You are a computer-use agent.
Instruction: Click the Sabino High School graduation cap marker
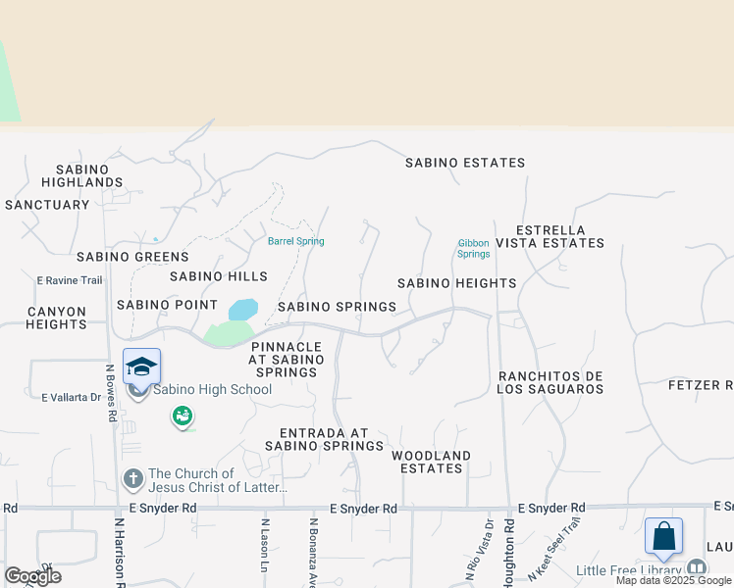tap(141, 367)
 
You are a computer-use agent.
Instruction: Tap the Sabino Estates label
tap(465, 163)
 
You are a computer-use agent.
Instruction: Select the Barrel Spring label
tap(295, 241)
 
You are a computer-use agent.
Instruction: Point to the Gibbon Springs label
tap(473, 248)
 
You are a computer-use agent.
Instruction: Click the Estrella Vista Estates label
tap(550, 235)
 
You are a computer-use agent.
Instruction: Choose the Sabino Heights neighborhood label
tap(456, 283)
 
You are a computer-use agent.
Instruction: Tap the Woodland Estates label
tap(431, 462)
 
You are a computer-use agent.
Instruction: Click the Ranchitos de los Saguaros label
tap(550, 382)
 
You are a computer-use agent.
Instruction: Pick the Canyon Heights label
tap(57, 318)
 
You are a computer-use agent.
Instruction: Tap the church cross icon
tap(133, 479)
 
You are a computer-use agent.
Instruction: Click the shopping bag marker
tap(663, 536)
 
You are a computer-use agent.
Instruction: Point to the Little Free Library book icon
tap(696, 568)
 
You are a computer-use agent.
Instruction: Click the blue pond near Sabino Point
tap(243, 310)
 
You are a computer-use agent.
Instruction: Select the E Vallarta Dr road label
tap(72, 397)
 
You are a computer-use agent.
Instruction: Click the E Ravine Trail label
tap(70, 280)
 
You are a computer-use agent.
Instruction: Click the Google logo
tap(32, 575)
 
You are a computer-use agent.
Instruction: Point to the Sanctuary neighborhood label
tap(47, 205)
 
